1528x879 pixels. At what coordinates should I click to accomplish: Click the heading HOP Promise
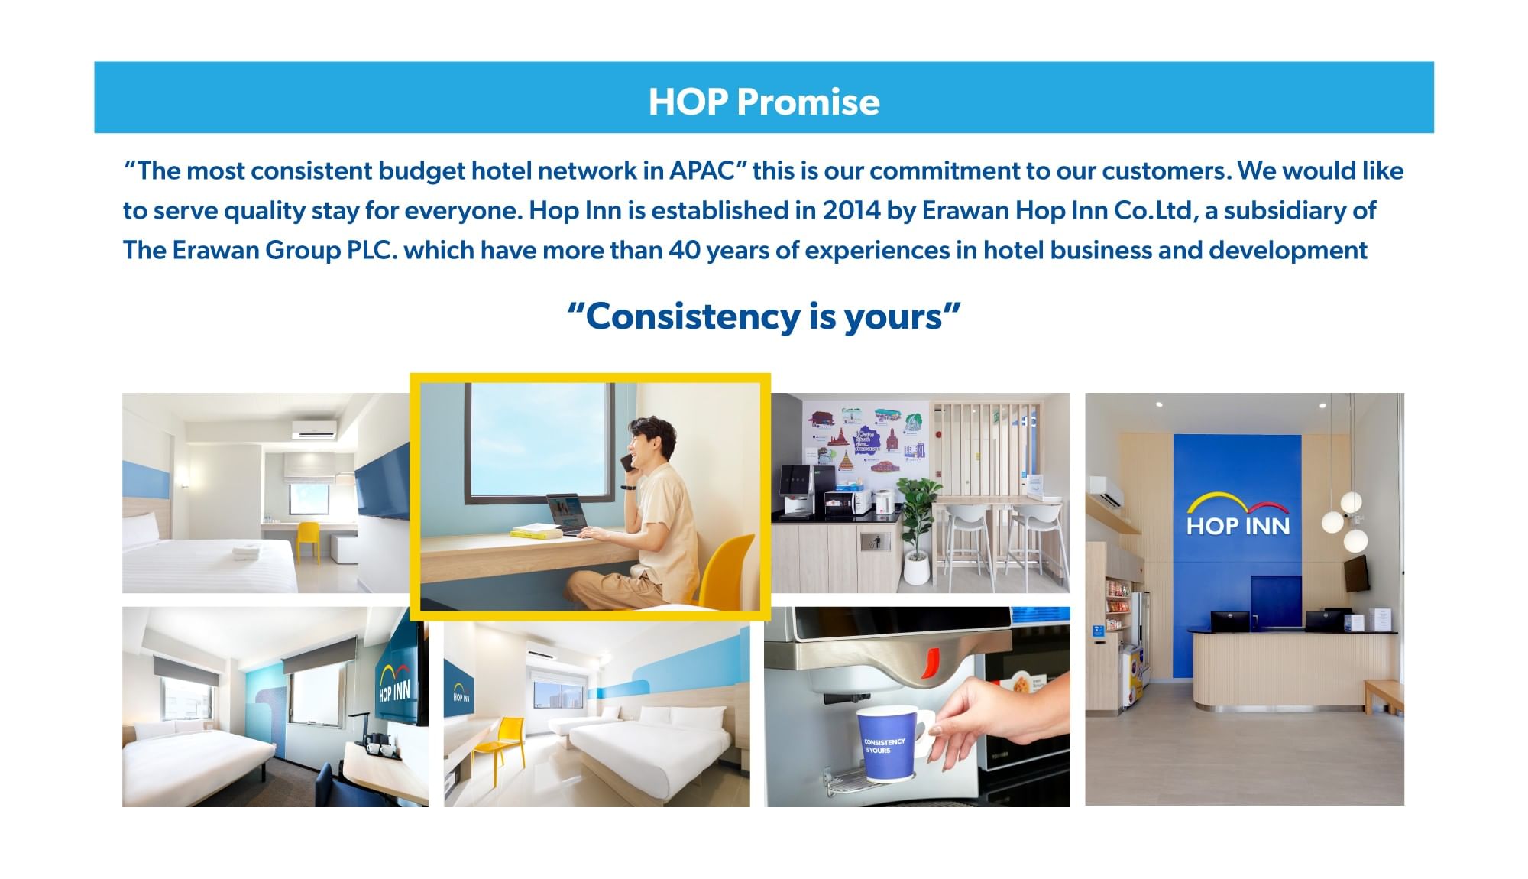764,102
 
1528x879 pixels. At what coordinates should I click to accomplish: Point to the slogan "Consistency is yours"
764,316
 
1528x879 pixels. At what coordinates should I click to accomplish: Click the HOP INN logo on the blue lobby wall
1238,514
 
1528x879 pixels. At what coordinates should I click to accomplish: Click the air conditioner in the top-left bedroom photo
313,430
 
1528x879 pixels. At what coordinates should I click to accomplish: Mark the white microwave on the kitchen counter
847,502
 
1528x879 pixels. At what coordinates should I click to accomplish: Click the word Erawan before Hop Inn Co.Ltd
966,210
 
